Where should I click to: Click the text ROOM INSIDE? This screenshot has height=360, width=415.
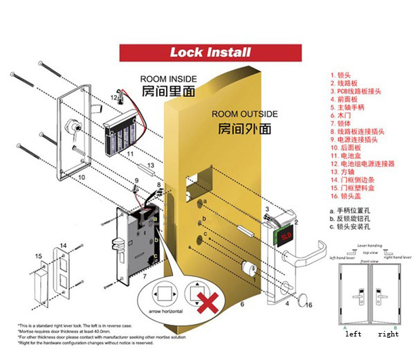(167, 79)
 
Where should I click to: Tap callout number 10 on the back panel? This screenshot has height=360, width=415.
(82, 178)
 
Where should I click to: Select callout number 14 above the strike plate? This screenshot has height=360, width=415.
(62, 245)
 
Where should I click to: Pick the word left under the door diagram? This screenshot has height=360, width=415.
(353, 334)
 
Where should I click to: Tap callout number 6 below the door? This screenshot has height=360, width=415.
(243, 303)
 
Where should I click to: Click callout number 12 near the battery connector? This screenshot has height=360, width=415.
(115, 98)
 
